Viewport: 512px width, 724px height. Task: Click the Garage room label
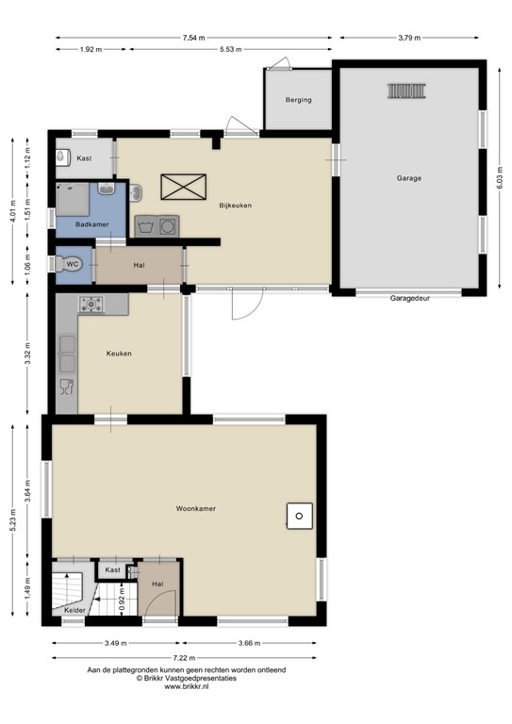pos(409,177)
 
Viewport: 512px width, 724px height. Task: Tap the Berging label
pos(299,100)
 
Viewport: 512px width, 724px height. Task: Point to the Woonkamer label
pos(196,508)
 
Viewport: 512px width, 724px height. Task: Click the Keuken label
pos(118,354)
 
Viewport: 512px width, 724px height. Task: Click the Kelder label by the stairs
pos(75,610)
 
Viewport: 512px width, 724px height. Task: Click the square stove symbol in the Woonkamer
pos(299,515)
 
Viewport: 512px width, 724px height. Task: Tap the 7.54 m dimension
pos(193,38)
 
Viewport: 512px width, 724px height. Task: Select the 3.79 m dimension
pos(409,38)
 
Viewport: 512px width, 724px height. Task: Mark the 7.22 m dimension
pos(184,658)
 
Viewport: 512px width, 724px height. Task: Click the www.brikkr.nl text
pos(186,686)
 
